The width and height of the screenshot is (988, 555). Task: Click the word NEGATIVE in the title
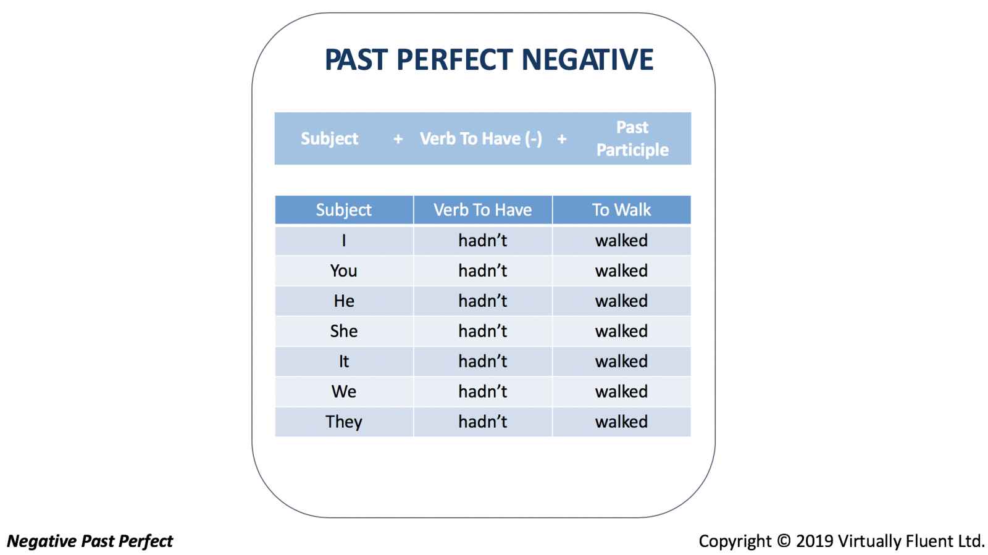click(587, 59)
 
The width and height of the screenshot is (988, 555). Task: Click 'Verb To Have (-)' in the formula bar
click(481, 139)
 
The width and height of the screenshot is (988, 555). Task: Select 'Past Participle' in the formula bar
click(632, 138)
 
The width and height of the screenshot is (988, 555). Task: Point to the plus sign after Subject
click(398, 140)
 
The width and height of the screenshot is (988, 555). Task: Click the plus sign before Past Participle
click(561, 140)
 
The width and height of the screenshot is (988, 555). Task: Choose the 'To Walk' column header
click(621, 210)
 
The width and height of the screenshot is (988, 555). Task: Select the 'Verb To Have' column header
click(482, 210)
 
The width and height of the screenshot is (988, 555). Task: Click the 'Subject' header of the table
click(343, 210)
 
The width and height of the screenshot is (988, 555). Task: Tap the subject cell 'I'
click(343, 241)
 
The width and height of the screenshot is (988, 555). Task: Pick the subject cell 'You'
click(343, 270)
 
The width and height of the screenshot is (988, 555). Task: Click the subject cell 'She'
click(343, 331)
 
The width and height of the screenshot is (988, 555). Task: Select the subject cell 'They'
click(343, 422)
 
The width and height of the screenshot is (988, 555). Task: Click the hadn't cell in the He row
click(482, 301)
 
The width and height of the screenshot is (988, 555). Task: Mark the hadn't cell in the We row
click(482, 391)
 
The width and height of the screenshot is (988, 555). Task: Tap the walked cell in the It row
click(621, 362)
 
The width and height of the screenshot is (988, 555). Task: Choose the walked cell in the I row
click(621, 241)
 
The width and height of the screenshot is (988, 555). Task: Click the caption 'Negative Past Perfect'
click(90, 541)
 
